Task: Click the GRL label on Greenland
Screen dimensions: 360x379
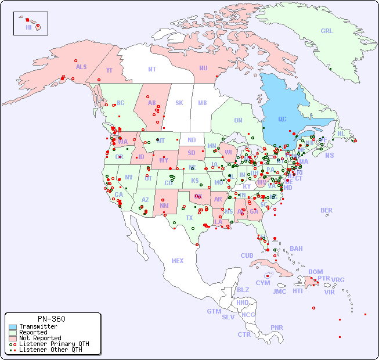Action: click(x=327, y=31)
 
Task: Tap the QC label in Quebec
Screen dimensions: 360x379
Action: click(x=282, y=119)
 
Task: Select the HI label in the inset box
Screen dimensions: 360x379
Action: click(x=28, y=27)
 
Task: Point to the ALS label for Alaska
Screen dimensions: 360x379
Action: click(x=81, y=67)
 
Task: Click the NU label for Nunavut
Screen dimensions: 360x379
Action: click(x=203, y=68)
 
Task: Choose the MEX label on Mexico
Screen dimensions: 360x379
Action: click(x=178, y=261)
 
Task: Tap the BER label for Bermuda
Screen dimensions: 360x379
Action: click(x=327, y=210)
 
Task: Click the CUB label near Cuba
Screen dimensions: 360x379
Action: click(x=247, y=255)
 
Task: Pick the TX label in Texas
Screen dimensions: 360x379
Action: click(x=189, y=218)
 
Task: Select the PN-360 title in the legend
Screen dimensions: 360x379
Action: click(x=52, y=319)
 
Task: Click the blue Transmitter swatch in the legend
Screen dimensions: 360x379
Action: click(x=13, y=327)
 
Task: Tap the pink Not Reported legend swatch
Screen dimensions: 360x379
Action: click(x=13, y=338)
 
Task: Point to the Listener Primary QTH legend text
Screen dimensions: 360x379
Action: click(x=54, y=344)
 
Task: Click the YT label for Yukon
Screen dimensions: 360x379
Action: click(x=109, y=70)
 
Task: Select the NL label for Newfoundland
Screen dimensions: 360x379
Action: click(x=341, y=133)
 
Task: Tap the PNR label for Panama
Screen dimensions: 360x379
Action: click(x=277, y=327)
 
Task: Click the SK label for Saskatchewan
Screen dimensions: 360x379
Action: click(x=179, y=103)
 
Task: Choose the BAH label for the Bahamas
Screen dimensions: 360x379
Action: click(x=296, y=249)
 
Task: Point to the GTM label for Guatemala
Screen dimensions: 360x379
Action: click(x=214, y=311)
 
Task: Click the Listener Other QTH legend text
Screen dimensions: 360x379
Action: click(x=50, y=350)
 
